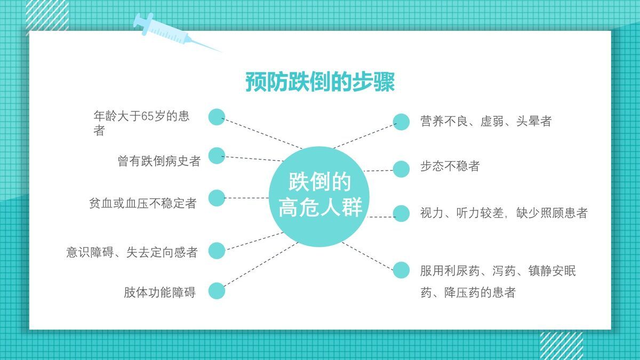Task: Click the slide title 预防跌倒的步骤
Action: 320,82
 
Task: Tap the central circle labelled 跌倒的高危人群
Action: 320,195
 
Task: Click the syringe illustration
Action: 171,31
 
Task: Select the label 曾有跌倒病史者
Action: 159,161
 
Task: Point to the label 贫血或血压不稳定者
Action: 142,203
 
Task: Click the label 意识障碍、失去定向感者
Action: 132,252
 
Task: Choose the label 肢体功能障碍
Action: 159,292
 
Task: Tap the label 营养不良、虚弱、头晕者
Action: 485,121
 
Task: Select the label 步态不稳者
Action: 450,166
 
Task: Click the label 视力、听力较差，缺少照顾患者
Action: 503,213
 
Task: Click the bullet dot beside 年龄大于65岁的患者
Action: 217,117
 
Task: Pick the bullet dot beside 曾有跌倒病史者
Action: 217,156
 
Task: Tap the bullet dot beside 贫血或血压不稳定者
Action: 217,198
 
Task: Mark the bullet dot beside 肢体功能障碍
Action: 217,291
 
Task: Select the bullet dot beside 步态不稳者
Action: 401,169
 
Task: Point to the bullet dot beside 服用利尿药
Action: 401,270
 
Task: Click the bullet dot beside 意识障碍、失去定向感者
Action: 217,250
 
